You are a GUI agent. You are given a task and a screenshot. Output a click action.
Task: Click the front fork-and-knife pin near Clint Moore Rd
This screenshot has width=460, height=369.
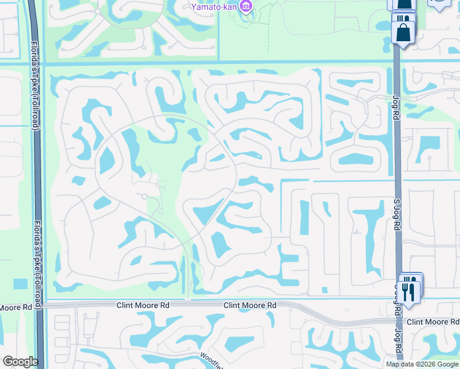tap(408, 290)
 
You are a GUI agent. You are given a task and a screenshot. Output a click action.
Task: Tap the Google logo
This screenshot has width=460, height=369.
tap(20, 362)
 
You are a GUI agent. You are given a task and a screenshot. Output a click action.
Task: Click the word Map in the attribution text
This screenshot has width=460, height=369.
tap(394, 364)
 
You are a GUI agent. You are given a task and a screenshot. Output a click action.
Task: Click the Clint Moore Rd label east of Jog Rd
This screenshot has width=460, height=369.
tap(432, 322)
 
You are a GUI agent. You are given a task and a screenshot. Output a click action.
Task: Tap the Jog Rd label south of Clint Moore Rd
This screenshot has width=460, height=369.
tap(399, 348)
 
